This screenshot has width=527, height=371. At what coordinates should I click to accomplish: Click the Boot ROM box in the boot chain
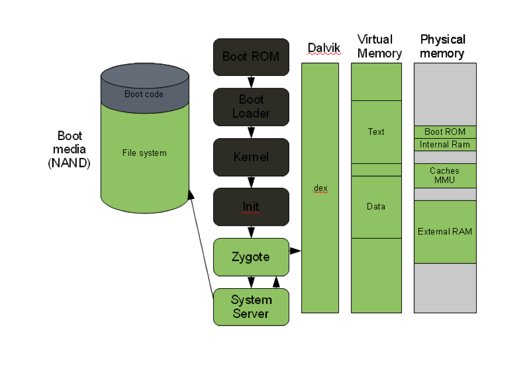251,57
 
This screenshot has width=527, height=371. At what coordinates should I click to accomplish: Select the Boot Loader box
251,107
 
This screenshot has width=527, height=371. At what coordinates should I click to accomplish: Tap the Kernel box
251,157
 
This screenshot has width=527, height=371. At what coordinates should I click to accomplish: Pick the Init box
251,206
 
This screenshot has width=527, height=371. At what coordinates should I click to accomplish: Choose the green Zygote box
251,257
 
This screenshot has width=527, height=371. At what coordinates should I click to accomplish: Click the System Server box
251,307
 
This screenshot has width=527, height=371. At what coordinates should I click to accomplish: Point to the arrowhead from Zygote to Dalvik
296,251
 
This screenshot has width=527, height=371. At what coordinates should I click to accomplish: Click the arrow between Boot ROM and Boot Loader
251,82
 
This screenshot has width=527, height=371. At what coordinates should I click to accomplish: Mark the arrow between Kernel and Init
251,182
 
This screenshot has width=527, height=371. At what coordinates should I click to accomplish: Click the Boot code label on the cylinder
144,94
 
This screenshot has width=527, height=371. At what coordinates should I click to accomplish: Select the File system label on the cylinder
144,153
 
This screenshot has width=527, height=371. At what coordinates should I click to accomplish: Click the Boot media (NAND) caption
70,149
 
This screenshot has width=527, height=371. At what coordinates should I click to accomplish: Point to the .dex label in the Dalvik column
320,188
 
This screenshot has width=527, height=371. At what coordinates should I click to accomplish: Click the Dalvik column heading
324,48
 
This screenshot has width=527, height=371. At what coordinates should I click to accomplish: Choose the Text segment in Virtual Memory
376,132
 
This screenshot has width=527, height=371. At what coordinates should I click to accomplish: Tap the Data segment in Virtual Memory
376,207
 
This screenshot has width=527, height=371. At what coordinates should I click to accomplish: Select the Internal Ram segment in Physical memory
445,145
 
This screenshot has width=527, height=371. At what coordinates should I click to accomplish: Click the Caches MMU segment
445,176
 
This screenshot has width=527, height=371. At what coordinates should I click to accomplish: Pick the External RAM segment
445,232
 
